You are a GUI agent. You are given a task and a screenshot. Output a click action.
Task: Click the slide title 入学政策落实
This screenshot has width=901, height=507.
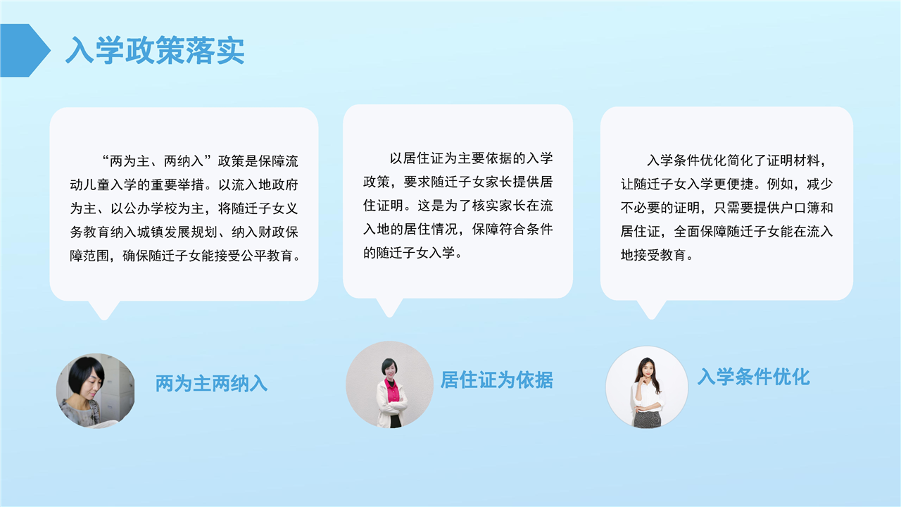155,50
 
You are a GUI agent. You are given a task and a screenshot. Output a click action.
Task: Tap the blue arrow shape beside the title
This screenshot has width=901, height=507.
25,50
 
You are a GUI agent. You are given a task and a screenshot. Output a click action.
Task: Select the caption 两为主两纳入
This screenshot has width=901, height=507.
211,384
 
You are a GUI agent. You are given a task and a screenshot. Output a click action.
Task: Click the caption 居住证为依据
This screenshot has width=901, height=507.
497,380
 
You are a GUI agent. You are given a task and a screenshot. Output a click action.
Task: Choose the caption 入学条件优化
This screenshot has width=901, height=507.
753,377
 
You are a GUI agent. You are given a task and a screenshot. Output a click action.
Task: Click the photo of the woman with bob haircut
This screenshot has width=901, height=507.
95,391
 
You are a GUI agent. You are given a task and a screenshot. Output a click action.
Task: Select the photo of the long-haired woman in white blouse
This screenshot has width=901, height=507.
647,387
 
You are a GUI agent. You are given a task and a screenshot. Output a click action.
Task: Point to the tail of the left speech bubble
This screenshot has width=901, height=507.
104,311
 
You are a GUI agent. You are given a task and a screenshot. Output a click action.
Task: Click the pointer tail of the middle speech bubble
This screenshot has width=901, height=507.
389,308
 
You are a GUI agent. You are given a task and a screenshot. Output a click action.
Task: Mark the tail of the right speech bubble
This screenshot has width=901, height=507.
652,310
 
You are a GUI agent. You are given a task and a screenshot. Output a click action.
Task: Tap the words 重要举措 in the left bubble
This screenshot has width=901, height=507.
177,185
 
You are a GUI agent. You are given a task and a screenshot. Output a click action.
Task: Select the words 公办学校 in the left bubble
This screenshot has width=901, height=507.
151,208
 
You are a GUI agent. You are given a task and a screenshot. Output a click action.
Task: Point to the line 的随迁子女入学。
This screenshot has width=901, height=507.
413,253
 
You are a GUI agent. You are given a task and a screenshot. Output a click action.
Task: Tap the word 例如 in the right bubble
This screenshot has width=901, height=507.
780,184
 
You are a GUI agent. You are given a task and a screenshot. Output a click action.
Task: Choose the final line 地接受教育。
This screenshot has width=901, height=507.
657,255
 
